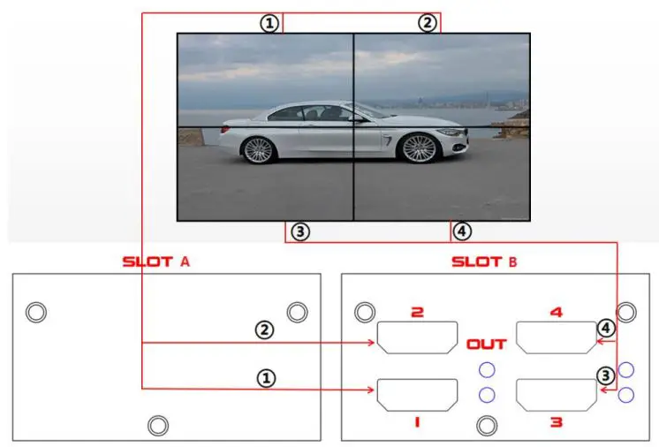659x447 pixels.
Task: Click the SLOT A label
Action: pos(156,261)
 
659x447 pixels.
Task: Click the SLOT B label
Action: pos(484,261)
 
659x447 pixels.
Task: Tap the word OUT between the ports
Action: pos(486,344)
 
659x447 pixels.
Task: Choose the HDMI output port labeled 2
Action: pos(417,337)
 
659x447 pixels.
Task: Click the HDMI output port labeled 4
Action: pos(555,337)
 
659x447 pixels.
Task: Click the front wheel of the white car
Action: pos(419,148)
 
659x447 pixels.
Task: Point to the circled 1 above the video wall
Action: pos(269,23)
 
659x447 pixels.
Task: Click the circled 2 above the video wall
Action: pos(428,23)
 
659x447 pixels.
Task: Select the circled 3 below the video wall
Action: pos(300,231)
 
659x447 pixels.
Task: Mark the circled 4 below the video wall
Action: pos(461,231)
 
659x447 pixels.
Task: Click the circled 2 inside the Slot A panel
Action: pos(264,330)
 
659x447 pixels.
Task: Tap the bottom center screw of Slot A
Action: pos(158,425)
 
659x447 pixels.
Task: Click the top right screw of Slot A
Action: pos(298,312)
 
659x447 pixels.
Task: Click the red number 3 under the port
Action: pos(556,422)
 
